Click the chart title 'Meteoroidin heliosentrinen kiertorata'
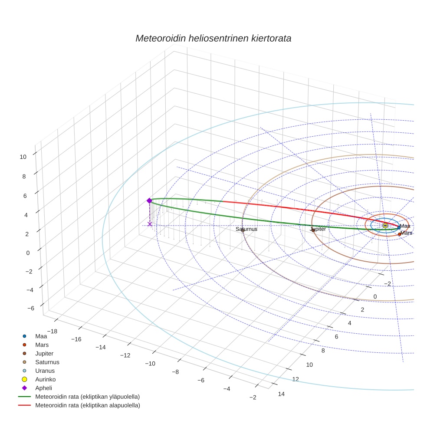coord(213,38)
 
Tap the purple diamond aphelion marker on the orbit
coord(149,200)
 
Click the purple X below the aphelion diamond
coord(150,224)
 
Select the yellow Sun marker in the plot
coord(385,225)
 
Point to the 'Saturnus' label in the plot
coord(246,229)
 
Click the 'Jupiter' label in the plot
coord(318,229)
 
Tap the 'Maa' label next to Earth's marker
coord(405,226)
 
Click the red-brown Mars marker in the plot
coord(399,234)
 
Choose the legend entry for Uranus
coord(45,371)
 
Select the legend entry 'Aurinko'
coord(45,379)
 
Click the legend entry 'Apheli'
coord(43,388)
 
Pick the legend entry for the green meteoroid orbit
coord(87,397)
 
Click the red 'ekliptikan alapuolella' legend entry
coord(87,405)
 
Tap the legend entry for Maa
coord(41,336)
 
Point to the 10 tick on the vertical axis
coord(23,157)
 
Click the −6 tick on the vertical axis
coord(30,308)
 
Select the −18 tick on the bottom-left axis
coord(52,331)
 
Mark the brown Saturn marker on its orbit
coord(243,230)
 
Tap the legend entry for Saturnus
coord(47,362)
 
